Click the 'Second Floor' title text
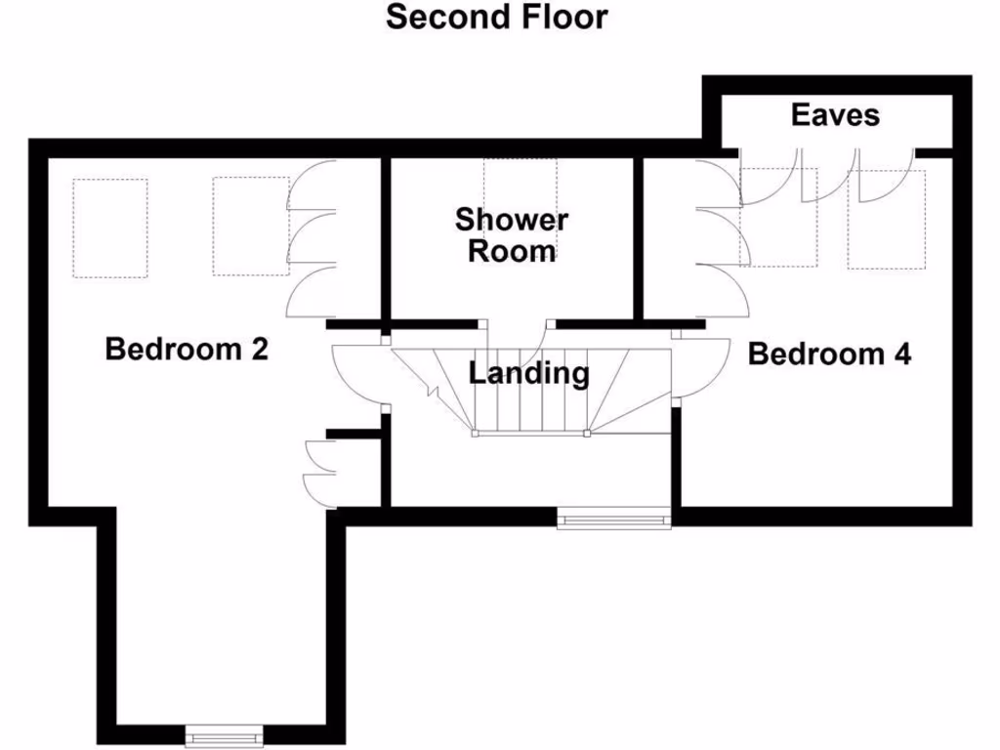pos(496,17)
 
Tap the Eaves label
pos(835,115)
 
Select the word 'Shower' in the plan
pos(511,219)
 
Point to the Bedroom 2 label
pos(187,349)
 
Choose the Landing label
pos(528,373)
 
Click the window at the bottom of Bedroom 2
pos(225,733)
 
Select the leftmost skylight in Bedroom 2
pos(109,229)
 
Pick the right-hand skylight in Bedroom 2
pos(250,227)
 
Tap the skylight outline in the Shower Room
pos(520,186)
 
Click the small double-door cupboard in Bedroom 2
pos(318,472)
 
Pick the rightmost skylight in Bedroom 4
pos(886,220)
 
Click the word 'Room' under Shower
pos(511,251)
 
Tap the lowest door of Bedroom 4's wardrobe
pos(724,292)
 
